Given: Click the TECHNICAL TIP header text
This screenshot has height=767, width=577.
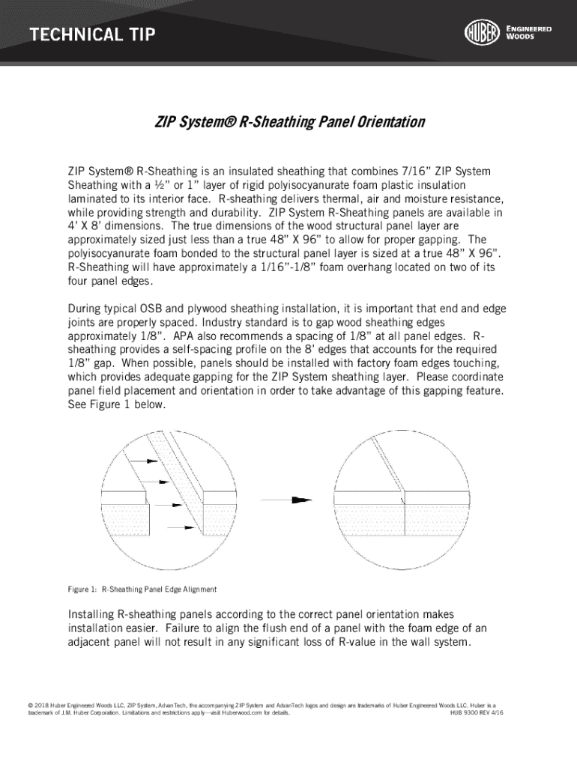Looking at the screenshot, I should click(92, 34).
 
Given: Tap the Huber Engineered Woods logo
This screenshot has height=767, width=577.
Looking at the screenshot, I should click(507, 33).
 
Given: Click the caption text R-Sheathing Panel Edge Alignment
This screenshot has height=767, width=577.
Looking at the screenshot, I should click(159, 589).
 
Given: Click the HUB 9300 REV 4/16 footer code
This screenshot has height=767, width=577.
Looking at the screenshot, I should click(476, 714).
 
